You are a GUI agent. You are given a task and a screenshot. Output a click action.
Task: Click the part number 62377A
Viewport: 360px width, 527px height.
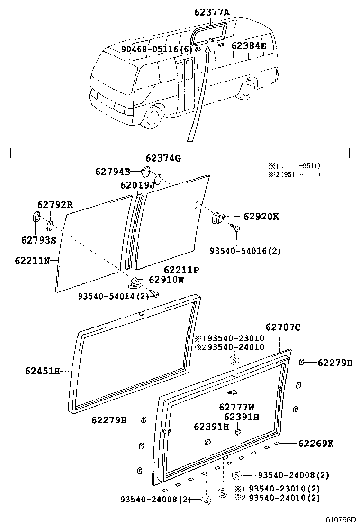tap(211, 13)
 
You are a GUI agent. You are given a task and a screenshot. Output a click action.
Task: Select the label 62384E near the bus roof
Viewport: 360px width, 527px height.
tap(249, 45)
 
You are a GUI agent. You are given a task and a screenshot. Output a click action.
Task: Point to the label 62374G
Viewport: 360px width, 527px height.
tap(163, 158)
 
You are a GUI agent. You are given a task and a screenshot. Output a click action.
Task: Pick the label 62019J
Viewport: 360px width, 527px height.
tap(137, 185)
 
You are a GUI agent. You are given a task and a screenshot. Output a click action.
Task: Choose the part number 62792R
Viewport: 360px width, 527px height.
tap(55, 205)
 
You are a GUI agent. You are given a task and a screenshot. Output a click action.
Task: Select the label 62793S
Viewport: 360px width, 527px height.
tap(38, 240)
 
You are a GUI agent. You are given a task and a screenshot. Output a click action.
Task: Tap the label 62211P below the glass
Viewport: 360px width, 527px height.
tap(181, 270)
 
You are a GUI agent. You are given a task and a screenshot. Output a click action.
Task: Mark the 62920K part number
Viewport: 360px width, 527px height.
tap(261, 217)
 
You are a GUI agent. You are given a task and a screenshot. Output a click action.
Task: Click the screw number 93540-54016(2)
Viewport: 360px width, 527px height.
tap(245, 251)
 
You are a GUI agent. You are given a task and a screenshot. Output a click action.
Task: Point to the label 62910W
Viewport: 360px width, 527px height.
tap(166, 280)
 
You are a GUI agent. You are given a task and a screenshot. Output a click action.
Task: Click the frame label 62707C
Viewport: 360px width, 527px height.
tap(283, 327)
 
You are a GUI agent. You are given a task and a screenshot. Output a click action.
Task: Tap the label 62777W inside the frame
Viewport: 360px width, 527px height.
tap(236, 407)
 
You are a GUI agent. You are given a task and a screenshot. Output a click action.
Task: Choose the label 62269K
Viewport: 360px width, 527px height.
tap(316, 444)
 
